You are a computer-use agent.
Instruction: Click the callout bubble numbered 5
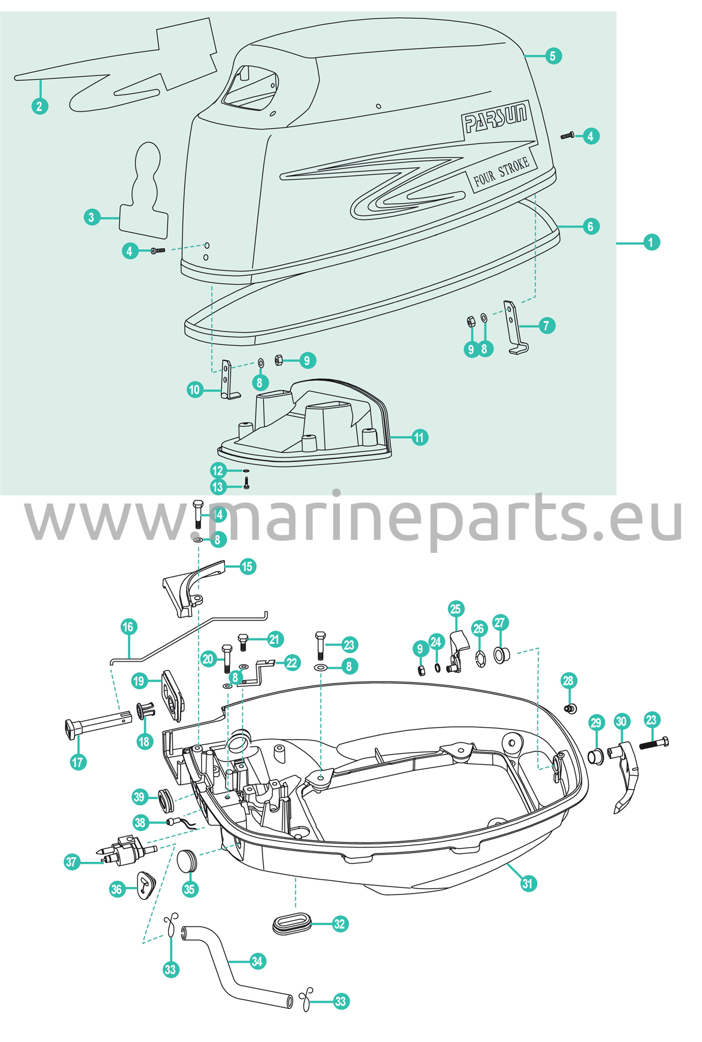(x=553, y=55)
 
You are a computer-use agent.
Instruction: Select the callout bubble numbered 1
(x=651, y=242)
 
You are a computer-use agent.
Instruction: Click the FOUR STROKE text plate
(x=501, y=171)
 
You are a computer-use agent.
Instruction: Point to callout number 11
(x=419, y=437)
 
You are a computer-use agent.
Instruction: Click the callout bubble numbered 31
(x=527, y=883)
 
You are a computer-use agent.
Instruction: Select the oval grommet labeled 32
(x=292, y=922)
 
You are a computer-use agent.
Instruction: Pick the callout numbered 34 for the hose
(x=257, y=961)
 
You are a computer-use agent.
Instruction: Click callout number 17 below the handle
(x=78, y=762)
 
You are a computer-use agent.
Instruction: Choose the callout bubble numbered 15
(x=247, y=566)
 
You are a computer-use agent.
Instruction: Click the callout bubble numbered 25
(x=455, y=609)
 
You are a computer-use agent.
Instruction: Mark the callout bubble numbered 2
(x=40, y=106)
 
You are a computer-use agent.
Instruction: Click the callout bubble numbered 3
(x=91, y=218)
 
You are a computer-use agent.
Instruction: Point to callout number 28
(x=568, y=680)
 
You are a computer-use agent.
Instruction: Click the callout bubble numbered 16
(x=128, y=626)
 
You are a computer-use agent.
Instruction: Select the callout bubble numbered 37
(x=72, y=862)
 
